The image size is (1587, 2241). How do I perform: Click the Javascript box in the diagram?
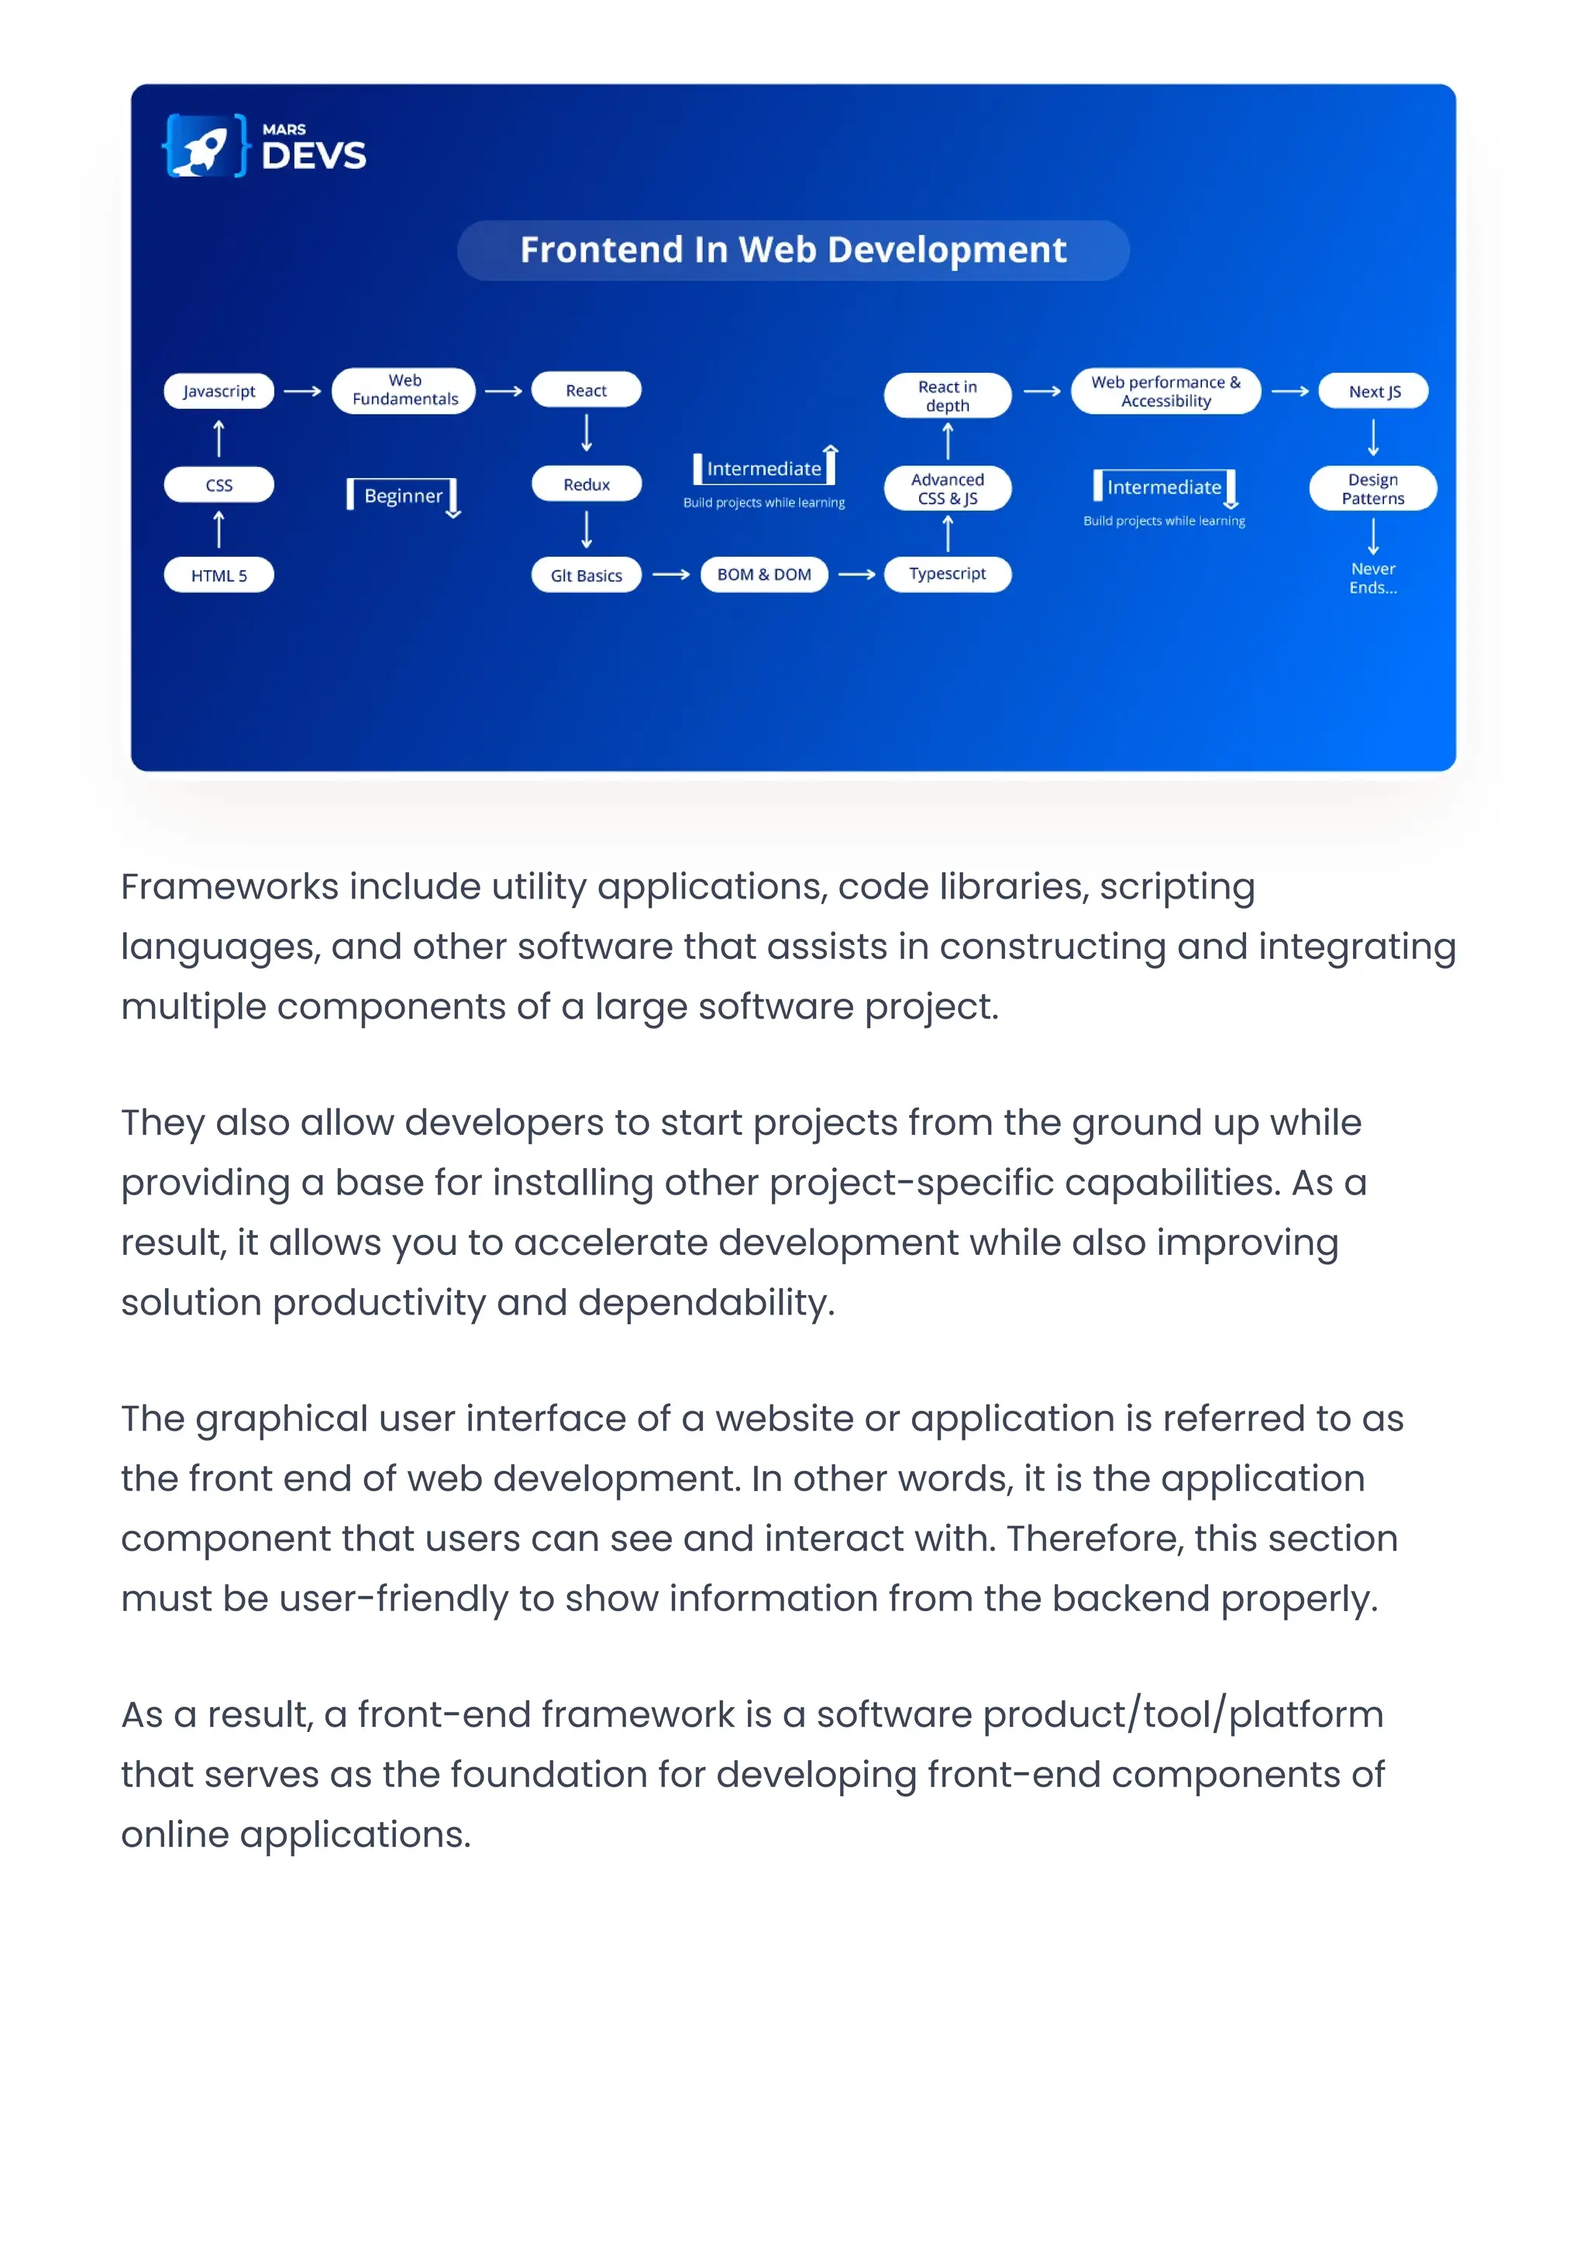tap(219, 390)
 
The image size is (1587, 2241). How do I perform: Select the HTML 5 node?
tap(219, 576)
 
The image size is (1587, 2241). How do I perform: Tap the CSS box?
tap(219, 485)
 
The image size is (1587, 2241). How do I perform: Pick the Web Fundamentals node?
tap(404, 390)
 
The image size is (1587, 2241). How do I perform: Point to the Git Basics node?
tap(587, 576)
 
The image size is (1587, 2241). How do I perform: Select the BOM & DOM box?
tap(764, 575)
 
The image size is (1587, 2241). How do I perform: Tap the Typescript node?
tap(947, 573)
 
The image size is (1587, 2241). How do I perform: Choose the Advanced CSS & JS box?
tap(947, 489)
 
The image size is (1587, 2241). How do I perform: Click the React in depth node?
tap(947, 396)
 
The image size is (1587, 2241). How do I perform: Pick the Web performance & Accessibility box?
tap(1165, 390)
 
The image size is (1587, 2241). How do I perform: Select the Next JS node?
tap(1374, 390)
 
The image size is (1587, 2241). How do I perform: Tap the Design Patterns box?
tap(1373, 489)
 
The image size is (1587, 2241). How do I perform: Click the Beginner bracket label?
tap(403, 495)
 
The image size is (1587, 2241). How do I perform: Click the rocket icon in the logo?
tap(203, 147)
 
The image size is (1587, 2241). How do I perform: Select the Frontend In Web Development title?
tap(793, 250)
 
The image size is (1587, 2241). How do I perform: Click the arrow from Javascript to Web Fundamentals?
tap(303, 390)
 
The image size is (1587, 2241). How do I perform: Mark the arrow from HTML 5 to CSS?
tap(219, 531)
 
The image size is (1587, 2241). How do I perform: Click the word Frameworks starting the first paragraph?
tap(229, 887)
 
